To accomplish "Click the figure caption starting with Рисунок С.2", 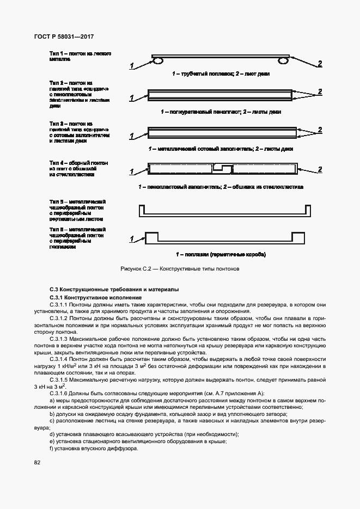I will (x=179, y=269).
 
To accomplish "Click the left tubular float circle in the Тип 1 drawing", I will (x=156, y=62).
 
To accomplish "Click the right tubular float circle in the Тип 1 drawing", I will (x=283, y=62).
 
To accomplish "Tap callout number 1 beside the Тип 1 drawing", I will (x=131, y=66).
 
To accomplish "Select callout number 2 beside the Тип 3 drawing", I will (x=320, y=130).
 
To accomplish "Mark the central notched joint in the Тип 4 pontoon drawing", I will (x=221, y=169).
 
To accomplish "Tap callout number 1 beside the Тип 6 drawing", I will (x=131, y=239).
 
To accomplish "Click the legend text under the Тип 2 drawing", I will (x=221, y=112).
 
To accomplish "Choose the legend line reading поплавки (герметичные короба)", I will (x=220, y=254).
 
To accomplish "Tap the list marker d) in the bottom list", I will (x=51, y=434).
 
